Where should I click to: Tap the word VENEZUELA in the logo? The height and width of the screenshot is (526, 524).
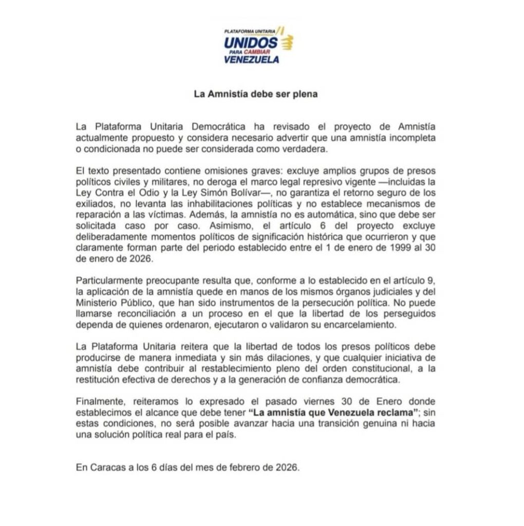[252, 60]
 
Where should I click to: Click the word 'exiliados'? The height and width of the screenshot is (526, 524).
[92, 204]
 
